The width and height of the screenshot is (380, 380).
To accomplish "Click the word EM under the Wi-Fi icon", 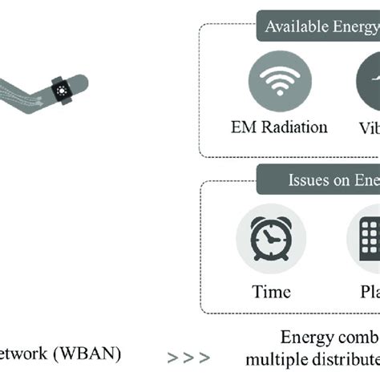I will point(241,127).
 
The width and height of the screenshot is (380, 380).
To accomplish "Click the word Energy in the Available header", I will point(354,28).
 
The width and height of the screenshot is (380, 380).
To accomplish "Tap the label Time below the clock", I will point(270,292).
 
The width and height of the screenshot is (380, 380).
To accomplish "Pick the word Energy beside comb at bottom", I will point(308,338).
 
